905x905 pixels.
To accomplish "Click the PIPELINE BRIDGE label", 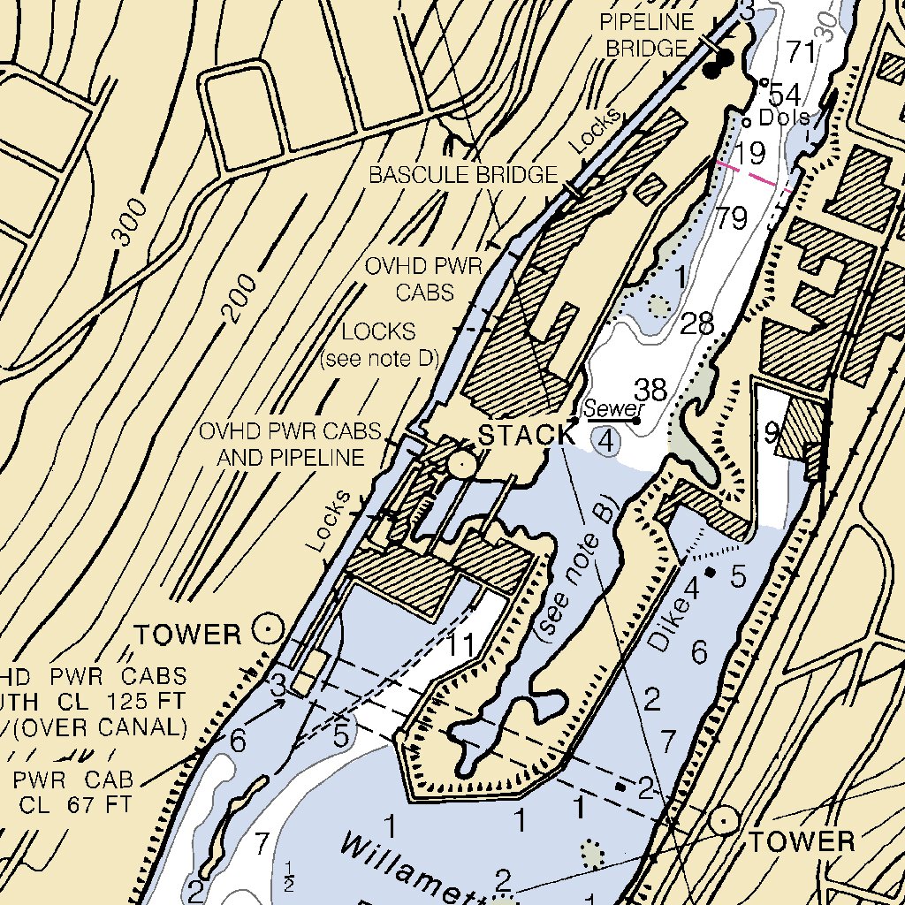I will tap(649, 34).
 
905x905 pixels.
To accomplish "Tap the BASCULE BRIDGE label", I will tap(463, 175).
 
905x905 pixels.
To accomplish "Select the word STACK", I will tap(527, 435).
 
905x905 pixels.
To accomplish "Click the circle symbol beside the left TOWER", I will tap(267, 629).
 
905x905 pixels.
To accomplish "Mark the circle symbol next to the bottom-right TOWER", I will tap(726, 820).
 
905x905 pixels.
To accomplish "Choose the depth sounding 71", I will tap(802, 52).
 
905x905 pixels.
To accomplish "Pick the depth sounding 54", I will tap(784, 95).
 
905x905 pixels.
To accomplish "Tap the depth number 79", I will tap(733, 218).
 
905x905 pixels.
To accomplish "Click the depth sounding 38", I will tap(652, 390).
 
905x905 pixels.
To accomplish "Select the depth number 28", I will tap(697, 323).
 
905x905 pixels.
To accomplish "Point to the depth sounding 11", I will tap(460, 645).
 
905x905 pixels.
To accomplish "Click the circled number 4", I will tap(605, 439).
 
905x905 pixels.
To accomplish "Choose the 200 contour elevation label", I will tap(240, 297).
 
